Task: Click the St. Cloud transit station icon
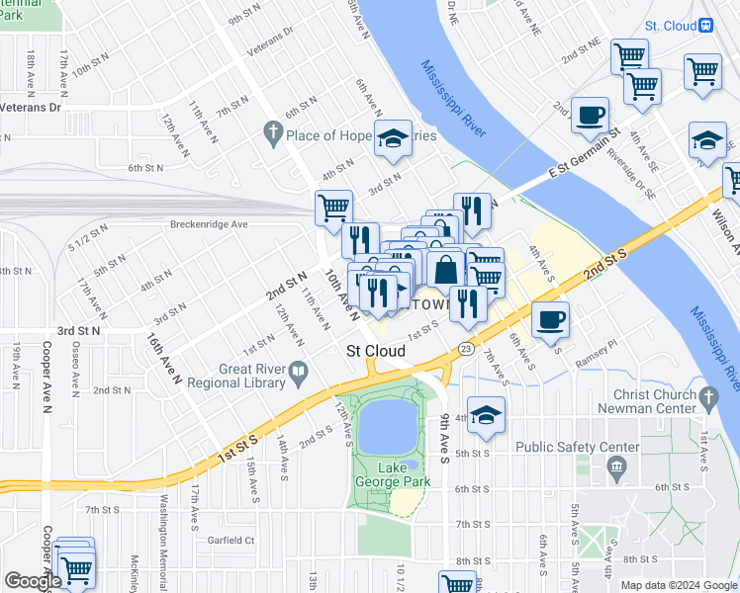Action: coord(707,26)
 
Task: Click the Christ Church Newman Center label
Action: coord(654,402)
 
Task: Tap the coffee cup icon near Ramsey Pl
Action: coord(550,320)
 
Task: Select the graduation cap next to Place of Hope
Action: coord(393,138)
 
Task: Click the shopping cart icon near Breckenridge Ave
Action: coord(333,208)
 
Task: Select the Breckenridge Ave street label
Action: coord(208,224)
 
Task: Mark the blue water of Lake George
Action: coord(387,427)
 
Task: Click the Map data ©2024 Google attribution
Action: coord(679,585)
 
